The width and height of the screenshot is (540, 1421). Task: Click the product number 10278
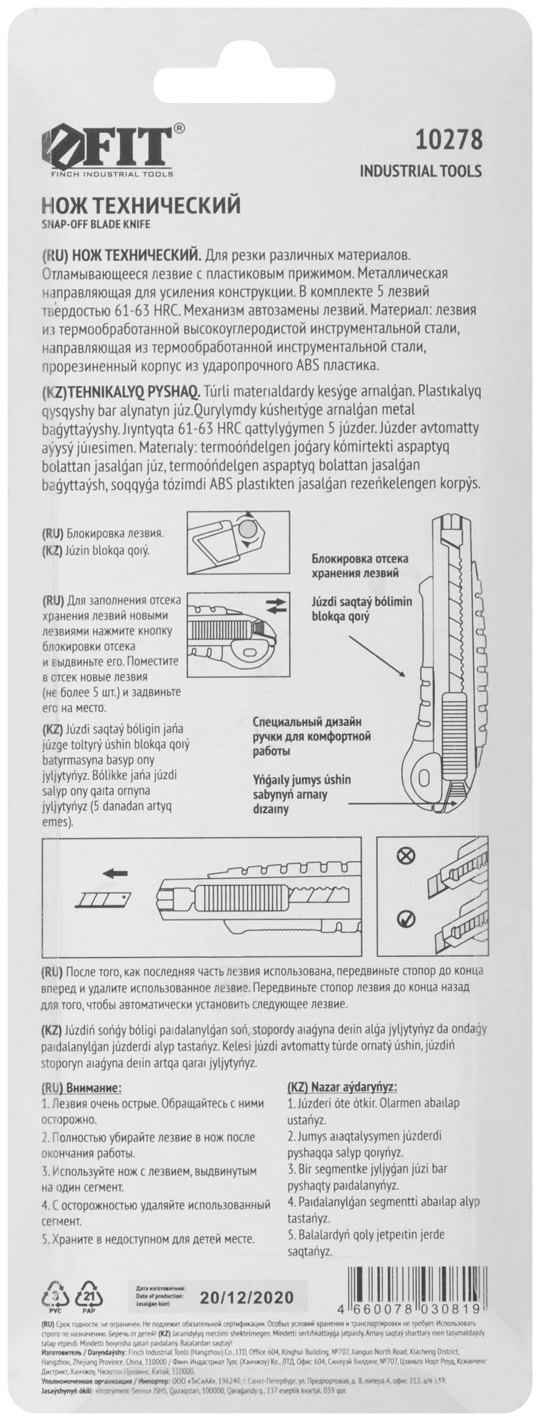point(447,140)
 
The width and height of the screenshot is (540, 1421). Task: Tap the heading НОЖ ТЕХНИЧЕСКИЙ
point(141,206)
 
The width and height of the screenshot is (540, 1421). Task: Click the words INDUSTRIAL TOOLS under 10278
point(421,171)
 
